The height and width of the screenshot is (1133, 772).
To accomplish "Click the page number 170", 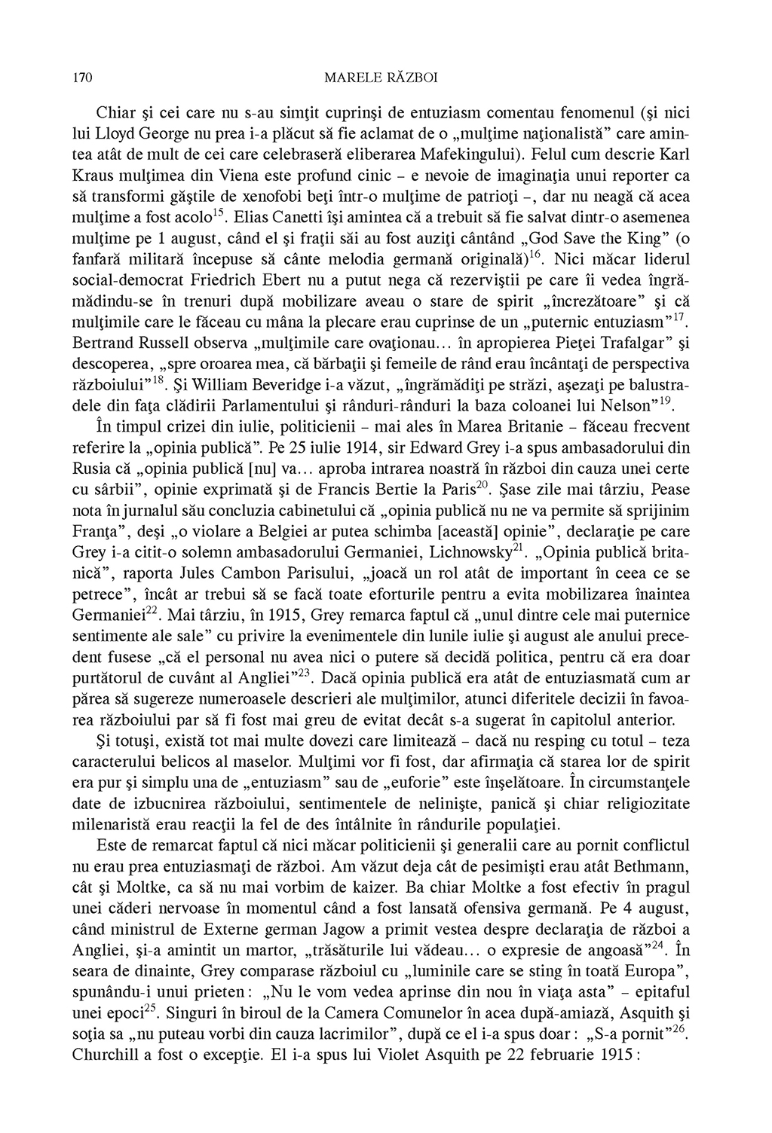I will coord(81,78).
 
